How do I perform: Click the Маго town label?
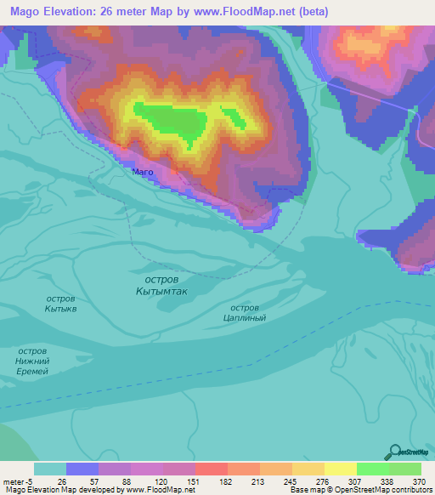[x=143, y=172]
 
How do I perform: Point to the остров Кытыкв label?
[x=60, y=304]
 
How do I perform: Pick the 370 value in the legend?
[x=420, y=480]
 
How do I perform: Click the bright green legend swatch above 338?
[x=372, y=469]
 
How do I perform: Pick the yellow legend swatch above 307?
[x=340, y=469]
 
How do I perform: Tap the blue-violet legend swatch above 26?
[x=82, y=469]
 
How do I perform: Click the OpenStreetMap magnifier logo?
[x=394, y=452]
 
